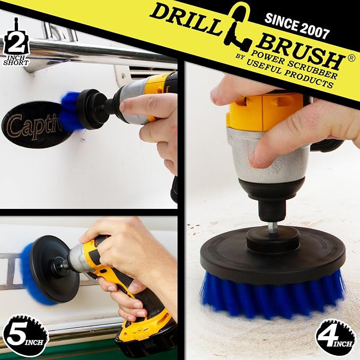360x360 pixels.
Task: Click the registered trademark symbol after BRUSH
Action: click(350, 58)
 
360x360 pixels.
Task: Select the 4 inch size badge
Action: click(335, 337)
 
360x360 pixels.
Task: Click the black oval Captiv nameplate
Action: click(32, 125)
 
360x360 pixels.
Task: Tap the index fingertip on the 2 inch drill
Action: click(124, 106)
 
